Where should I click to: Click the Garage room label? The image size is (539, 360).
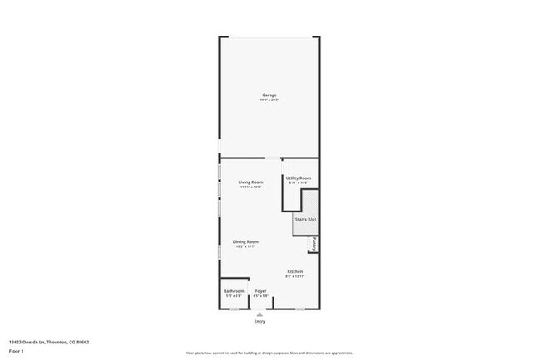point(269,95)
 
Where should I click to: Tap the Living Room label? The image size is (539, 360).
point(250,182)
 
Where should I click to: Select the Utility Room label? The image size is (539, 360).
point(299,178)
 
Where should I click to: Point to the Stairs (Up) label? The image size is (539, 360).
point(304,219)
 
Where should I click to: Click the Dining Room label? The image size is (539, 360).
point(246,241)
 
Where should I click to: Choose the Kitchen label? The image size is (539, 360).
point(295,272)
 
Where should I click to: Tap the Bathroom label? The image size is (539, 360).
point(234,291)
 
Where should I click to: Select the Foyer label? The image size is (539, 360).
point(260,291)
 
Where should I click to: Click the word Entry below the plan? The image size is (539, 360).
point(260,321)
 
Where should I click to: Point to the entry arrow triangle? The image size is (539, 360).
point(260,314)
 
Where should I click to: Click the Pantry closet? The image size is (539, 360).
point(314,244)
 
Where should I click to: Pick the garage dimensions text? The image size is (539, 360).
point(269,100)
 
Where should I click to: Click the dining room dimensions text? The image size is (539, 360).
point(246,246)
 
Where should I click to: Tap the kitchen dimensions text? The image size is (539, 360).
point(295,277)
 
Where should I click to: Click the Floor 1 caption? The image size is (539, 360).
point(17,351)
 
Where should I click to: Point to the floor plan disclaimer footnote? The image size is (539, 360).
point(269,351)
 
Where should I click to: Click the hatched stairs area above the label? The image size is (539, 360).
point(309,202)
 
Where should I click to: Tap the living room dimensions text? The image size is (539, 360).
point(250,187)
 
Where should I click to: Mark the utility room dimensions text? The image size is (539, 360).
point(299,183)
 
